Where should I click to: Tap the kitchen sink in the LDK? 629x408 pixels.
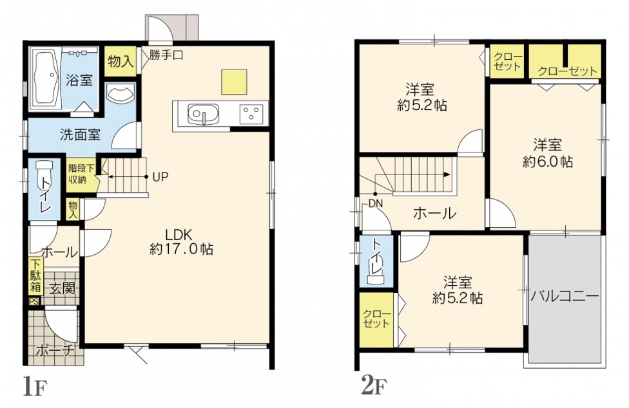point(204,115)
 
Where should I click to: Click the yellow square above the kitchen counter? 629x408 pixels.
point(234,82)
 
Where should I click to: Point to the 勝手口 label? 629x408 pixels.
point(166,55)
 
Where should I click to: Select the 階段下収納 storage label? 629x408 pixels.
point(77,174)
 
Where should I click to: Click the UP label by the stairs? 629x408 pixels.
point(160,176)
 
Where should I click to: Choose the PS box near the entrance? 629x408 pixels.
point(34,302)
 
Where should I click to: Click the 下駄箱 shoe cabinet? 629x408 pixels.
point(35,276)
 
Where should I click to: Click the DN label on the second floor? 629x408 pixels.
point(376,204)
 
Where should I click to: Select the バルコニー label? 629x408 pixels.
point(565,296)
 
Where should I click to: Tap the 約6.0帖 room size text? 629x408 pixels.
point(548,162)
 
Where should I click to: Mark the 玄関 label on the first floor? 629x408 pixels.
point(63,288)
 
